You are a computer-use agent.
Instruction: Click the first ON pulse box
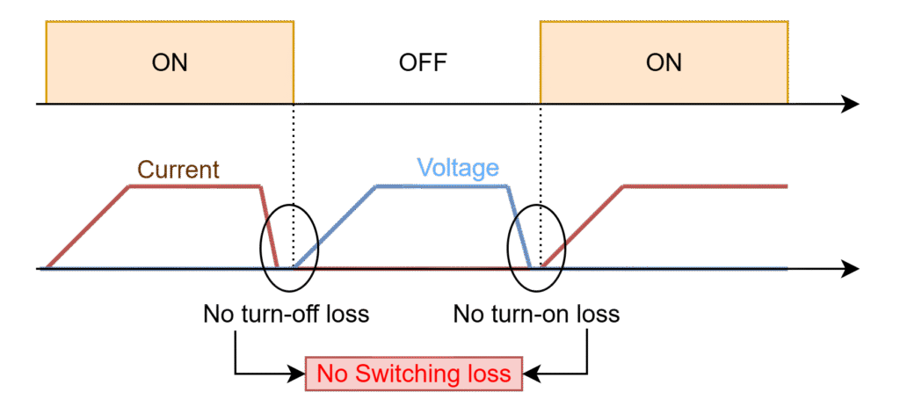170,62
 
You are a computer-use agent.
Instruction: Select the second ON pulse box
664,62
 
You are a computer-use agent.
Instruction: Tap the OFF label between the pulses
423,62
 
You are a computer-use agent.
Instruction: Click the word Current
178,169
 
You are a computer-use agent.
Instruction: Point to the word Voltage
458,168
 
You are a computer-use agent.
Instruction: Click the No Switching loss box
414,374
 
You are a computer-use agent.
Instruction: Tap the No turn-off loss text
286,314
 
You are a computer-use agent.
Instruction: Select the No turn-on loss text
536,314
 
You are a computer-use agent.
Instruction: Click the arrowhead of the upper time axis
850,105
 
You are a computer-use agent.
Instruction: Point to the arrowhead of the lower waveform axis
850,268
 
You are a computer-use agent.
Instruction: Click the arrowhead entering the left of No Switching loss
297,374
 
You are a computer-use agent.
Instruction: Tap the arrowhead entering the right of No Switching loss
531,374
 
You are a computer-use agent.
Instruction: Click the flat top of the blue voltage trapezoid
441,186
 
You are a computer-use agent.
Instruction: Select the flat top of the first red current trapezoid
194,185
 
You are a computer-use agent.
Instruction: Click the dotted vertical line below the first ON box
294,176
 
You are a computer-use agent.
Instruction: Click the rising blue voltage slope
336,227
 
